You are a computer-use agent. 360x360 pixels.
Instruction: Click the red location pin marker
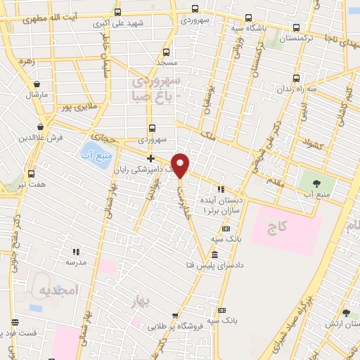pyautogui.click(x=181, y=165)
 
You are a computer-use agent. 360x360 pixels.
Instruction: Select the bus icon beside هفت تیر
pyautogui.click(x=31, y=174)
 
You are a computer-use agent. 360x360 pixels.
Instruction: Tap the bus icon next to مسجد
pyautogui.click(x=166, y=52)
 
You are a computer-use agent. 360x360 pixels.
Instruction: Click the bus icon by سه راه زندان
pyautogui.click(x=296, y=78)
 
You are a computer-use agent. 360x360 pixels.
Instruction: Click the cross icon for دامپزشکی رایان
pyautogui.click(x=150, y=158)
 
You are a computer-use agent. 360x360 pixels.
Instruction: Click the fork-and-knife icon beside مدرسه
pyautogui.click(x=77, y=251)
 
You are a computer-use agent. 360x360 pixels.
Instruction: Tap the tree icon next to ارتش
pyautogui.click(x=345, y=313)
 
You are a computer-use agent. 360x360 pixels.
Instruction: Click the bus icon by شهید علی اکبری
pyautogui.click(x=117, y=12)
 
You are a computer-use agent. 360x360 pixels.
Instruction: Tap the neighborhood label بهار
pyautogui.click(x=142, y=303)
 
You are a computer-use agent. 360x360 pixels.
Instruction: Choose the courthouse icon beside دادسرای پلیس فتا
pyautogui.click(x=214, y=254)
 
